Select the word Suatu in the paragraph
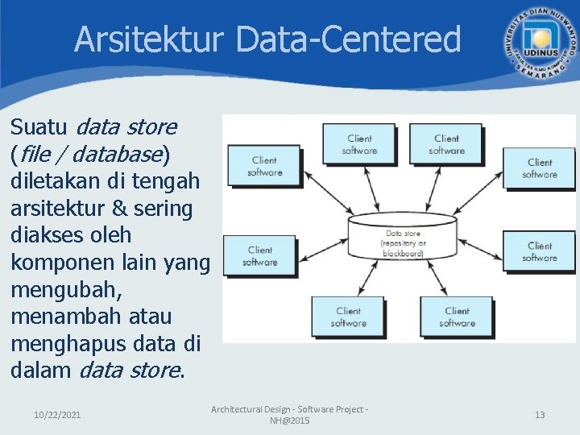point(40,127)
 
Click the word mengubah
point(66,290)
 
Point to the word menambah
point(67,317)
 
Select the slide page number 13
point(540,415)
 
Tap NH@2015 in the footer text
point(289,420)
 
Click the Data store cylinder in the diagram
point(404,234)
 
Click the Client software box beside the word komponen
point(260,256)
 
